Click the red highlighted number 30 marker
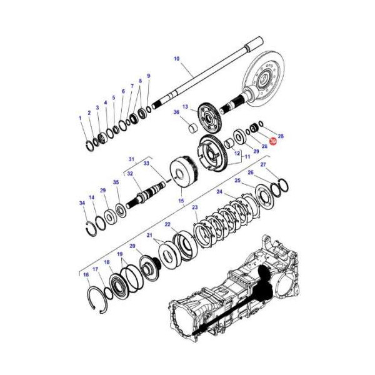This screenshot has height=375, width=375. tap(273, 142)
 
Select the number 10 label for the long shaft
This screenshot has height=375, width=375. tap(176, 59)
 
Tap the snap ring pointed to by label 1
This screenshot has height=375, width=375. tap(90, 145)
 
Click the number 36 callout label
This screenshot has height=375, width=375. tap(176, 112)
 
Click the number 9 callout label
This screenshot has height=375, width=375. tap(148, 76)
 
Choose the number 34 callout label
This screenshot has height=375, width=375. tap(82, 202)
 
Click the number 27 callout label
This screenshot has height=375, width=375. tap(263, 165)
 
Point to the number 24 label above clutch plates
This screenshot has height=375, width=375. tap(219, 192)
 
